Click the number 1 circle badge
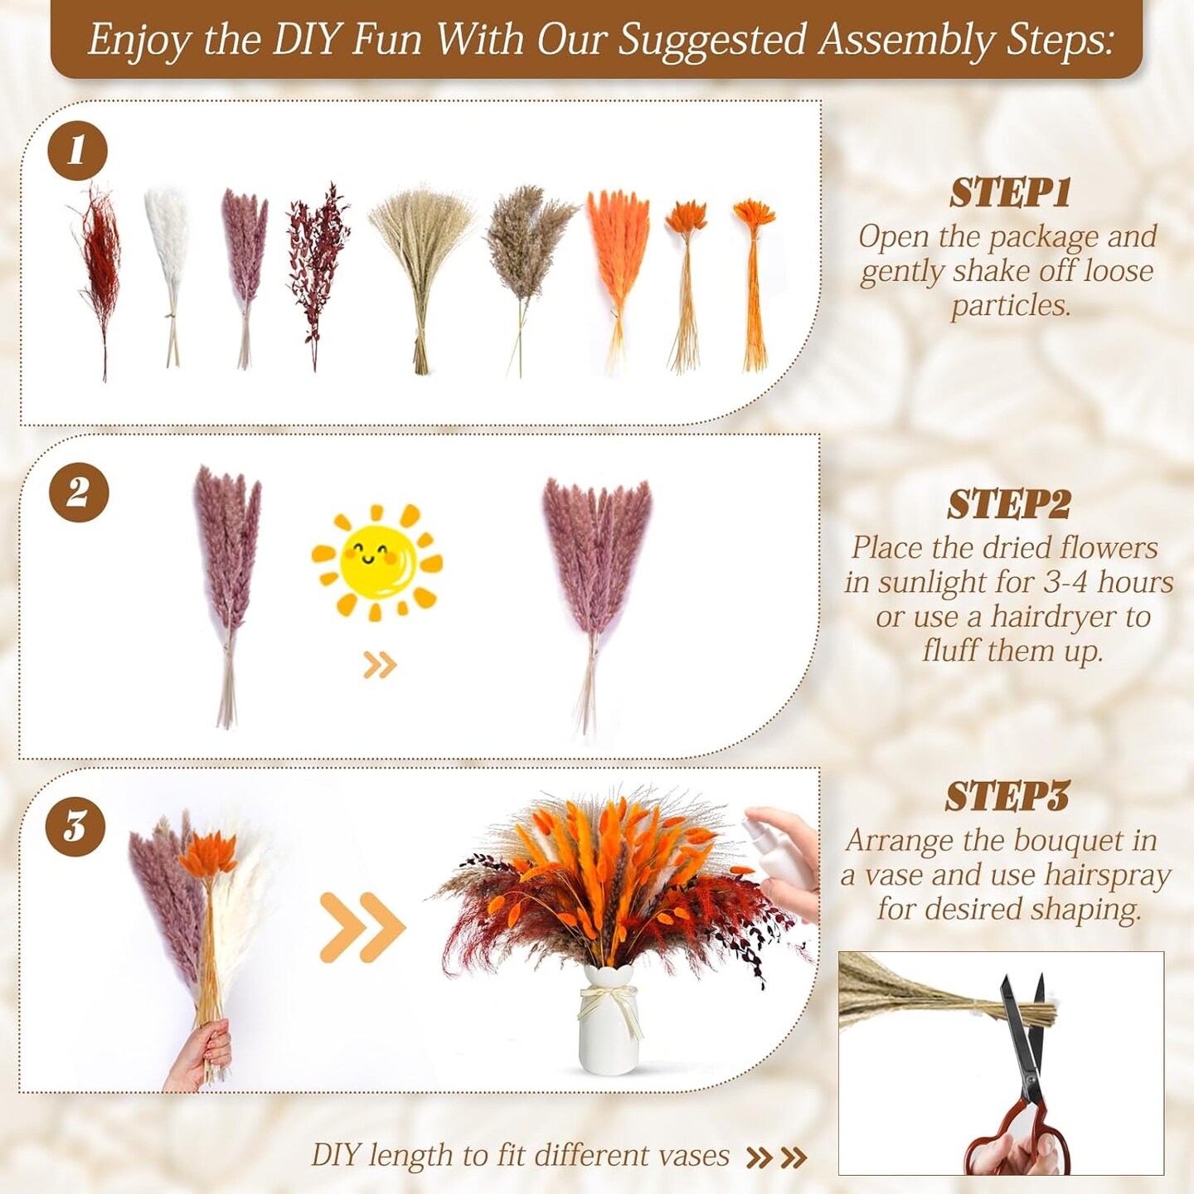tap(77, 151)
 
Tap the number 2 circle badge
tap(79, 493)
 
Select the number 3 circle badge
tap(75, 827)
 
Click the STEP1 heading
tap(1010, 193)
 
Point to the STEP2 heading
tap(1009, 505)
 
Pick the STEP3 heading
tap(1007, 797)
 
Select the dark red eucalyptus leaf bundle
tap(318, 277)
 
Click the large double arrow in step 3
tap(362, 928)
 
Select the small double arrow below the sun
tap(380, 665)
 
